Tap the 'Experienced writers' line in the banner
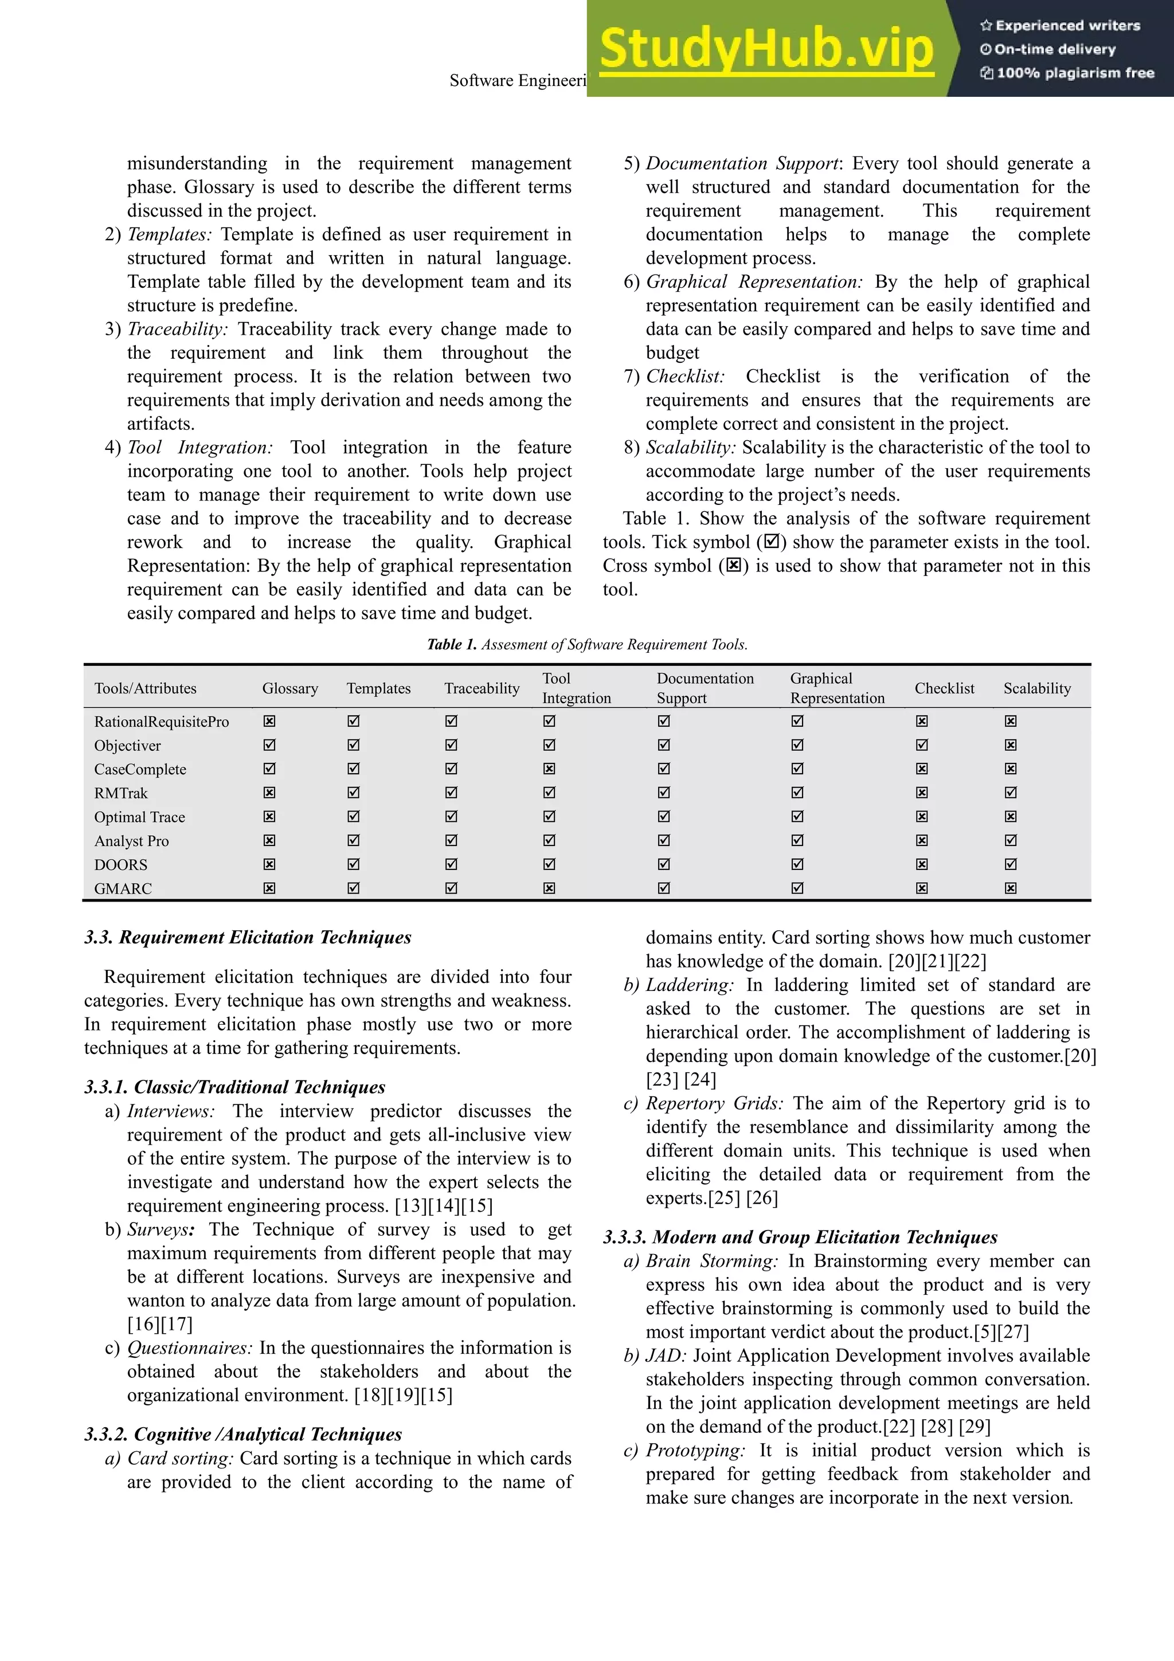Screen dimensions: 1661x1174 (x=1060, y=25)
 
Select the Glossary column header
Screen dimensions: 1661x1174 (x=290, y=688)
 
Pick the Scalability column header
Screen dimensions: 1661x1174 (x=1036, y=688)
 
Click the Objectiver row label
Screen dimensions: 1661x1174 (x=127, y=745)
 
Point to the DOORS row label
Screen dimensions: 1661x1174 (x=121, y=864)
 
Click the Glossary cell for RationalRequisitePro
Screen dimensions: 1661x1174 (x=269, y=721)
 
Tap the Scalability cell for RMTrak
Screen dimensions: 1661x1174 (x=1011, y=792)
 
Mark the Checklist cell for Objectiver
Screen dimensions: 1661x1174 (x=922, y=745)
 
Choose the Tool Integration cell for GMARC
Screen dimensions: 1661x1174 (x=549, y=888)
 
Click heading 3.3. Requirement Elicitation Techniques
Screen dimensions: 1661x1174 (x=248, y=937)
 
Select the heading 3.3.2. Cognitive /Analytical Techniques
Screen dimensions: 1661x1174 (x=243, y=1434)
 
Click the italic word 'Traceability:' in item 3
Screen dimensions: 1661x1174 (x=177, y=329)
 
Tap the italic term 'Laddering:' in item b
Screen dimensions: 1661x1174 (x=690, y=985)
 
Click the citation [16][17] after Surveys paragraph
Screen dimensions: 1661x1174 (x=160, y=1324)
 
